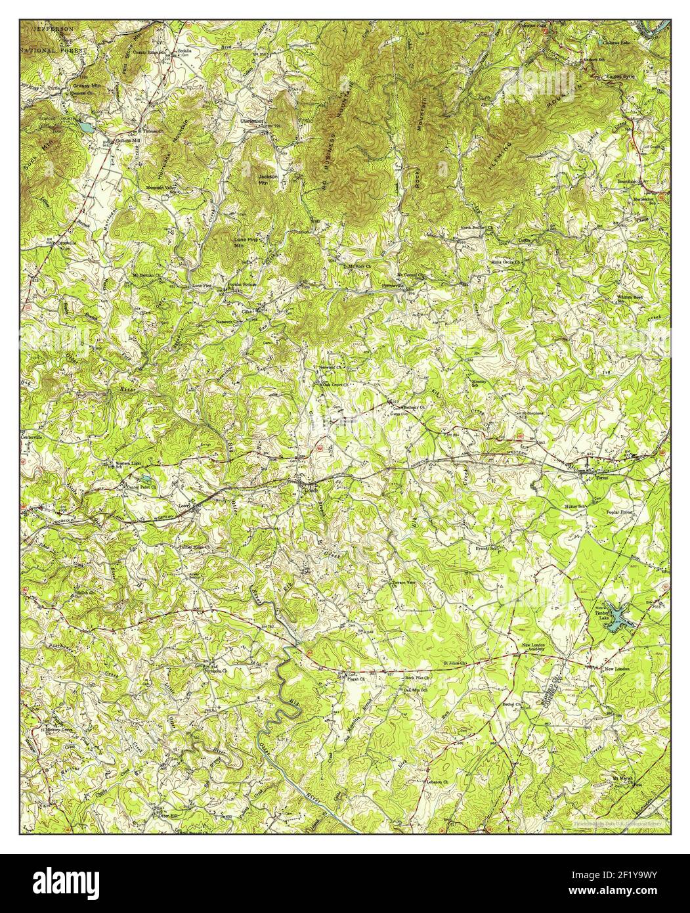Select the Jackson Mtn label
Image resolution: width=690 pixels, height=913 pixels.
[x=267, y=179]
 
